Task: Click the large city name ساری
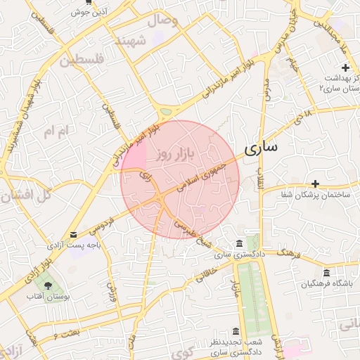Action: (260, 147)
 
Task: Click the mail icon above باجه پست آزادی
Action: (74, 234)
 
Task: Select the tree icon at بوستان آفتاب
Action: (47, 285)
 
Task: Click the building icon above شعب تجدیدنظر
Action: (235, 331)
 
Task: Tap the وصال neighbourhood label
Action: (163, 20)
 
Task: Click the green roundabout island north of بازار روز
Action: (166, 111)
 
